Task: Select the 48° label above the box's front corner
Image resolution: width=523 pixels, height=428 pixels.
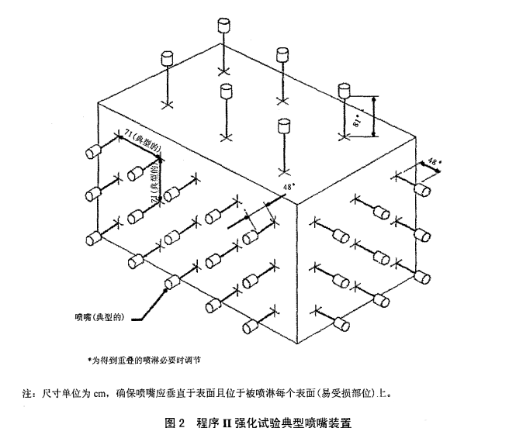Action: pyautogui.click(x=289, y=187)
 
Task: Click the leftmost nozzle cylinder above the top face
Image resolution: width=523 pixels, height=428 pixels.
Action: pyautogui.click(x=167, y=59)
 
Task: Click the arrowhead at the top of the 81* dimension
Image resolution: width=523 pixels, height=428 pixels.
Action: pyautogui.click(x=374, y=98)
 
